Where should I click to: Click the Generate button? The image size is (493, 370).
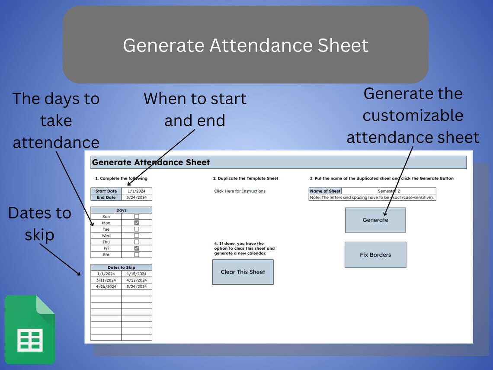pyautogui.click(x=375, y=220)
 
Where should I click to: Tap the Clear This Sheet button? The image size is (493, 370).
pyautogui.click(x=243, y=272)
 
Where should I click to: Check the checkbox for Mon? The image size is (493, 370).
pyautogui.click(x=137, y=223)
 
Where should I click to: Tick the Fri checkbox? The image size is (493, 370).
pyautogui.click(x=137, y=248)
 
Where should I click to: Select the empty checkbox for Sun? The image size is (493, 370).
pyautogui.click(x=137, y=216)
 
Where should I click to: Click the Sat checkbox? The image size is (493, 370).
pyautogui.click(x=137, y=255)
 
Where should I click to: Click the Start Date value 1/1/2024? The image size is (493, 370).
pyautogui.click(x=137, y=191)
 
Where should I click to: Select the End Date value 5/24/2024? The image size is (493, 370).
pyautogui.click(x=137, y=197)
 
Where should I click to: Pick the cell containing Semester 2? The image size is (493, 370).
pyautogui.click(x=388, y=191)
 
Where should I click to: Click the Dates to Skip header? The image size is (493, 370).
pyautogui.click(x=122, y=267)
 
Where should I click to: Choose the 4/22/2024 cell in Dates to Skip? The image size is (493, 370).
pyautogui.click(x=137, y=280)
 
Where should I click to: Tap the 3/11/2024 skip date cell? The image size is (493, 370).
pyautogui.click(x=106, y=280)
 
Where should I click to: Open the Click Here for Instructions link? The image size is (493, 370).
pyautogui.click(x=240, y=191)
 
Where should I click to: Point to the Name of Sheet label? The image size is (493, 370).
pyautogui.click(x=325, y=191)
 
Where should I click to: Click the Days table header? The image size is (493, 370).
pyautogui.click(x=122, y=210)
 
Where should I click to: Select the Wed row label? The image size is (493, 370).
pyautogui.click(x=106, y=236)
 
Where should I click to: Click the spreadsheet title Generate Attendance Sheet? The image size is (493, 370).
pyautogui.click(x=151, y=162)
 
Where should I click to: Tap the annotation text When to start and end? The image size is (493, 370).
pyautogui.click(x=195, y=109)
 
